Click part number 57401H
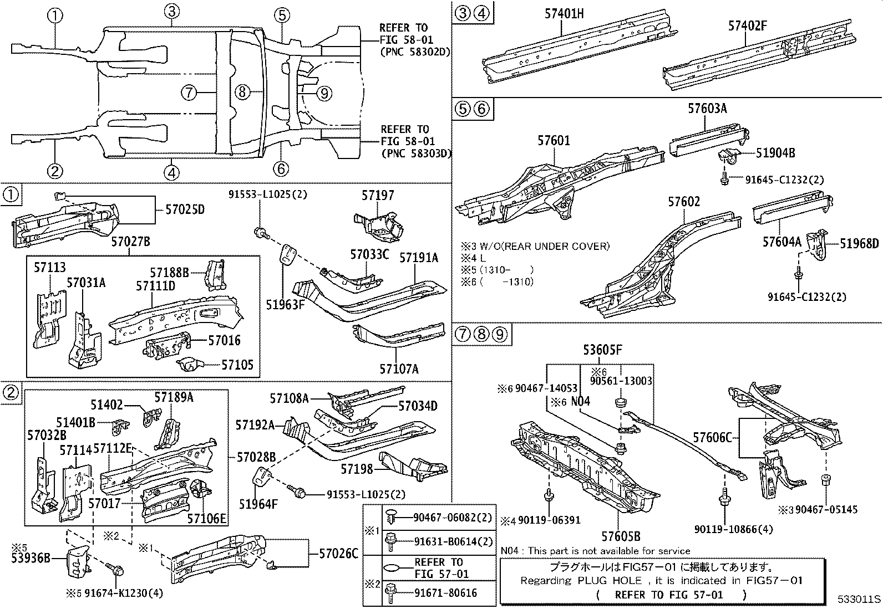point(564,13)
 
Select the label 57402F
point(748,25)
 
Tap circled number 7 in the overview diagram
point(189,93)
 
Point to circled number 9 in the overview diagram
point(324,93)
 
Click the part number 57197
point(378,195)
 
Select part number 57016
point(225,340)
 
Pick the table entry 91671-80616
point(445,592)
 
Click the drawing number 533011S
point(859,600)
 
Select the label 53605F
point(602,350)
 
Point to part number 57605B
point(621,536)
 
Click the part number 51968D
point(859,244)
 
